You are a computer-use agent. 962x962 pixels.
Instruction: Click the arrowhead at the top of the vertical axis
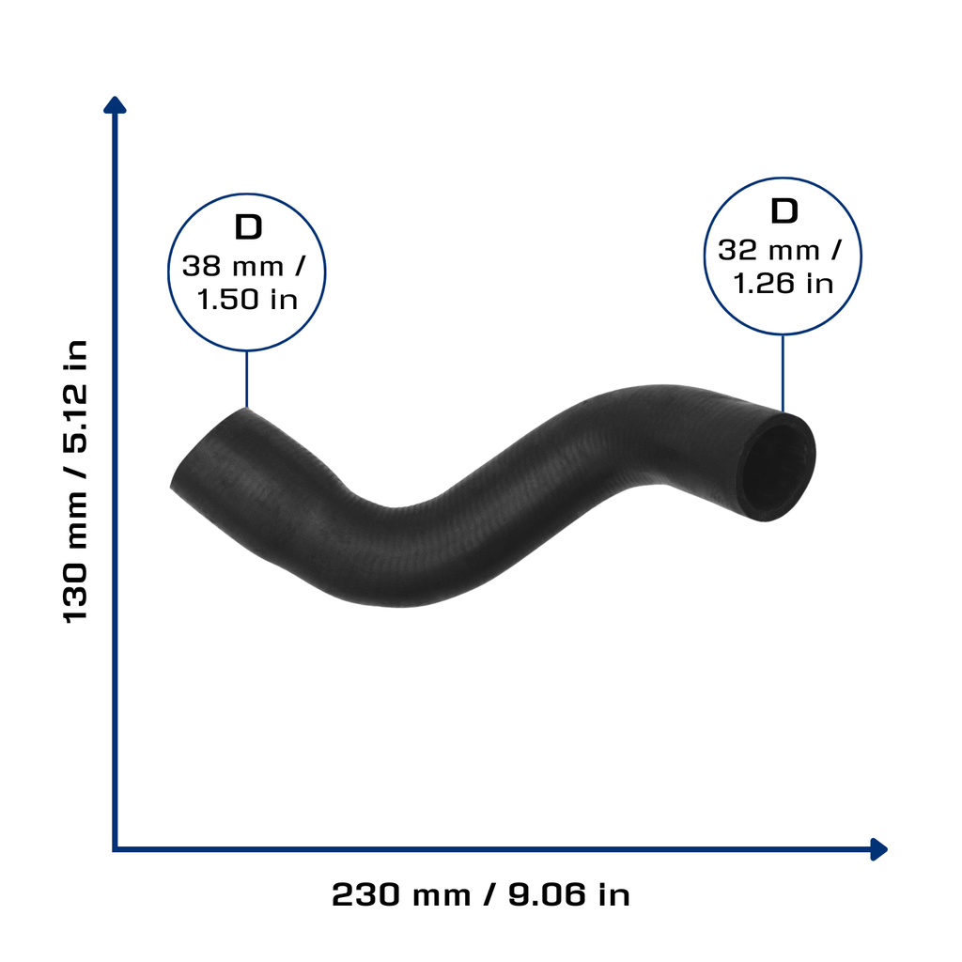pyautogui.click(x=115, y=105)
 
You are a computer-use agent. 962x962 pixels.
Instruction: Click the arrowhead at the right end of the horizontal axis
pyautogui.click(x=879, y=849)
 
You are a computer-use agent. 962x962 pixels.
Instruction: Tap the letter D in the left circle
pyautogui.click(x=248, y=227)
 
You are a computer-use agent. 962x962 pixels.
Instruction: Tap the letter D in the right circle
pyautogui.click(x=784, y=211)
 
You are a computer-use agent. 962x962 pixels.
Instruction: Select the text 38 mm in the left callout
pyautogui.click(x=233, y=267)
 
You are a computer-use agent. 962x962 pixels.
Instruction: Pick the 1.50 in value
pyautogui.click(x=248, y=300)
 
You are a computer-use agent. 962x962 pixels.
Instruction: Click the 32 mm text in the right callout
pyautogui.click(x=768, y=251)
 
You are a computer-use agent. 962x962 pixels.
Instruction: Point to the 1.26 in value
pyautogui.click(x=784, y=284)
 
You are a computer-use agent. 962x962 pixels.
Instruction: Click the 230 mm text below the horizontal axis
pyautogui.click(x=401, y=895)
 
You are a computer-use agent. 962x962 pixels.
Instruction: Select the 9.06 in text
pyautogui.click(x=568, y=895)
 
